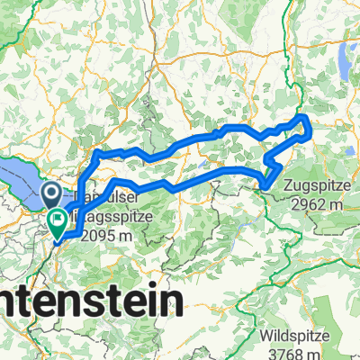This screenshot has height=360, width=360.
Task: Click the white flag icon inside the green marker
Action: click(x=59, y=216)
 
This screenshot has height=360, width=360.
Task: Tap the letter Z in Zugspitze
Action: click(x=287, y=188)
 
